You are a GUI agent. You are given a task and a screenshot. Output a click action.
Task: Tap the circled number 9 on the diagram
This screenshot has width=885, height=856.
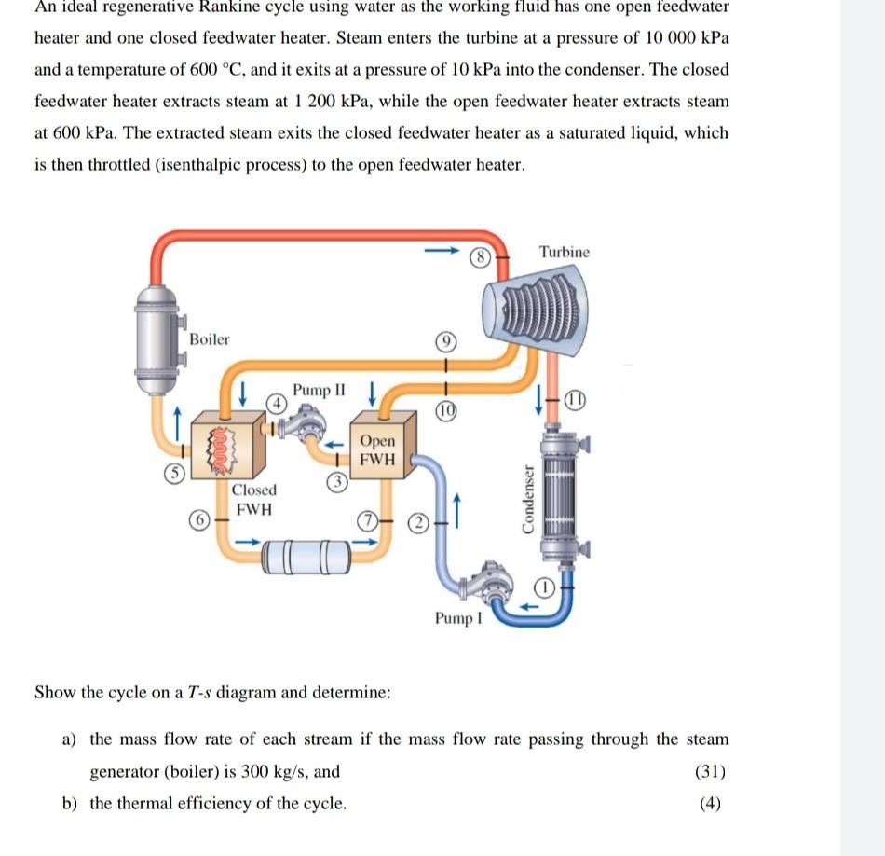tap(446, 342)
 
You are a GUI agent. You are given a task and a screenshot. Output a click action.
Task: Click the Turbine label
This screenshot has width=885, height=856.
tap(564, 253)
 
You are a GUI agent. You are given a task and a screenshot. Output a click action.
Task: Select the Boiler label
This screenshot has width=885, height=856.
tap(209, 339)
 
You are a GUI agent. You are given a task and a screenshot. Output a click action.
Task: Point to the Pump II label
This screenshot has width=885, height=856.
tap(319, 390)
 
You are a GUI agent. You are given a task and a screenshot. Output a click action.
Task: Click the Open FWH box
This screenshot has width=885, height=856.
tap(377, 450)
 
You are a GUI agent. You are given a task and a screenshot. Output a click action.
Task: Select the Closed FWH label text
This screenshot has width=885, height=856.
tap(253, 500)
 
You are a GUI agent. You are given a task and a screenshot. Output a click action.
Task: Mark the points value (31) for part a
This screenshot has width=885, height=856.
tap(711, 771)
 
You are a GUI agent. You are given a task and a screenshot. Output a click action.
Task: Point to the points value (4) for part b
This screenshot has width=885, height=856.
tap(711, 803)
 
